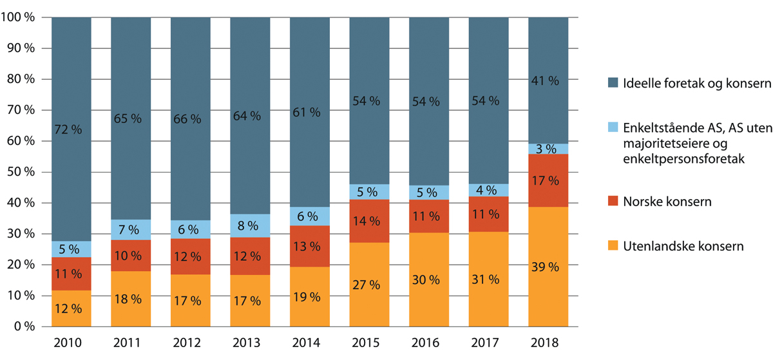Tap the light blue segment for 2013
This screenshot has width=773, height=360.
[x=250, y=225]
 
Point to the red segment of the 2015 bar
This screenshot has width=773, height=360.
[x=369, y=221]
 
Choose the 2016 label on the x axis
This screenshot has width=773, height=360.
[x=428, y=344]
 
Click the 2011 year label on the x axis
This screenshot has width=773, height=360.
[x=131, y=344]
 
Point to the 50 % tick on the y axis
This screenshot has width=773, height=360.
[x=21, y=173]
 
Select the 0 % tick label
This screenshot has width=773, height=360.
[x=23, y=327]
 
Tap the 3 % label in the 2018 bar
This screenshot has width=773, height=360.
[x=548, y=149]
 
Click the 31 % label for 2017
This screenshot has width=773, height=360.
[x=488, y=280]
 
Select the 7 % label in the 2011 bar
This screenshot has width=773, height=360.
[x=131, y=230]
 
